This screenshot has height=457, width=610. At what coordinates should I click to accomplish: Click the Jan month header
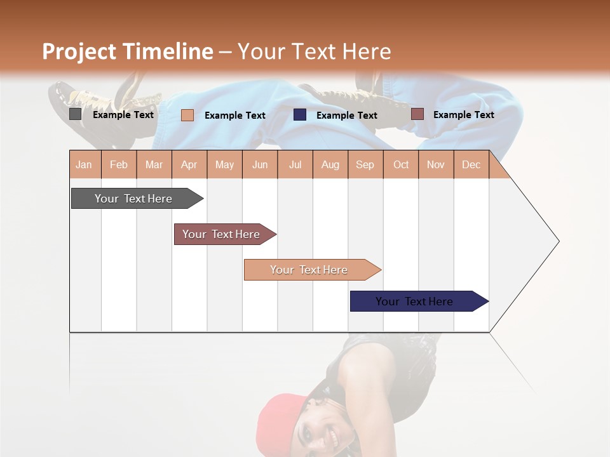(x=84, y=164)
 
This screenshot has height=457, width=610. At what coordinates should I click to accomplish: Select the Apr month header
(x=189, y=164)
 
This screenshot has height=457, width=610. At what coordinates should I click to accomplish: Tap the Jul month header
(x=295, y=164)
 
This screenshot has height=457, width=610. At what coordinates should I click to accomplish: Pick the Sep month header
(x=365, y=164)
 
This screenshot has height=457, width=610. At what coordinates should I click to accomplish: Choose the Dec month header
(x=471, y=164)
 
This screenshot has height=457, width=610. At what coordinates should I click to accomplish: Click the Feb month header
(x=119, y=164)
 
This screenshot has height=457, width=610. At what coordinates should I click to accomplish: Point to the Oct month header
(x=401, y=164)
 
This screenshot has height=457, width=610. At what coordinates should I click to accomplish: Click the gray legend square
(x=75, y=114)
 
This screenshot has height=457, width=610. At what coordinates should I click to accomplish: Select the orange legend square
(x=187, y=115)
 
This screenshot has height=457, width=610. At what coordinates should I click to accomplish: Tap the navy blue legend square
(x=300, y=115)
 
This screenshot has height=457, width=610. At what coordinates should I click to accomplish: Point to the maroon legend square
(x=417, y=114)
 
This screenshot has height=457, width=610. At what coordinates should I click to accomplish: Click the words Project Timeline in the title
(x=128, y=51)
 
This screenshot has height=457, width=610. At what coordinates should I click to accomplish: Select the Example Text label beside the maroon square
(x=463, y=115)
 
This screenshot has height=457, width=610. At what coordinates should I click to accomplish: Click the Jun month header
(x=260, y=164)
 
